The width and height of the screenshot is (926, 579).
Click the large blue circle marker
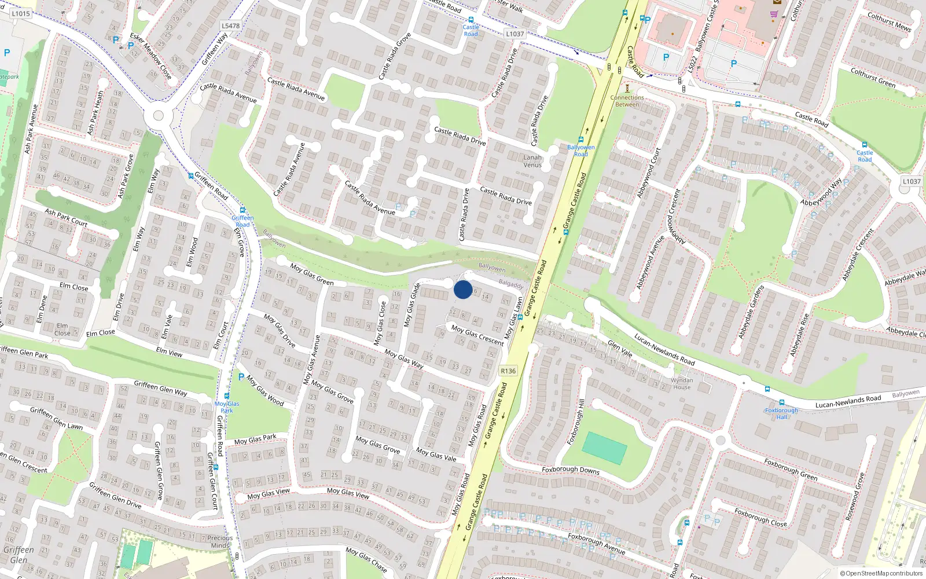click(x=463, y=289)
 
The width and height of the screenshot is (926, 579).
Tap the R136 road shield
click(x=508, y=371)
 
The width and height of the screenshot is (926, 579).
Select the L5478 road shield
click(x=230, y=25)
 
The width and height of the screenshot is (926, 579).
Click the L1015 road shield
click(x=21, y=13)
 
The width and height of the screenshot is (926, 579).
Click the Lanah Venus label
click(x=532, y=161)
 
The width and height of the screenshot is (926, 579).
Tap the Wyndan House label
click(x=682, y=384)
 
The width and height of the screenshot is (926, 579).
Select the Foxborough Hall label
click(x=781, y=413)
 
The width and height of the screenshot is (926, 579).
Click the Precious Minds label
click(x=220, y=541)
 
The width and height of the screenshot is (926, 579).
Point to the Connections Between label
click(x=627, y=101)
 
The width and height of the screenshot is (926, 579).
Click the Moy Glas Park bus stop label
click(x=227, y=407)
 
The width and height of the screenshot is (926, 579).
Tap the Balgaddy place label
click(x=511, y=284)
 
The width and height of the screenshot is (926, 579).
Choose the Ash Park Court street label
click(x=66, y=217)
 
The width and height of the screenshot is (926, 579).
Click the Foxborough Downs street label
click(x=571, y=470)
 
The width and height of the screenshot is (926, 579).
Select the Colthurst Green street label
click(x=873, y=78)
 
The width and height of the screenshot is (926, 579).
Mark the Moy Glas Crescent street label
click(x=477, y=335)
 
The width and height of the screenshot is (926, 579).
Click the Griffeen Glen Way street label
click(x=161, y=388)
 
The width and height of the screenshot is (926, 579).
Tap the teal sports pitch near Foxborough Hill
click(x=604, y=448)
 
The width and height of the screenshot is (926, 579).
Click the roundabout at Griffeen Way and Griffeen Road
click(x=158, y=116)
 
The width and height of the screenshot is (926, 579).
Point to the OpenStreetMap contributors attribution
click(x=881, y=573)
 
